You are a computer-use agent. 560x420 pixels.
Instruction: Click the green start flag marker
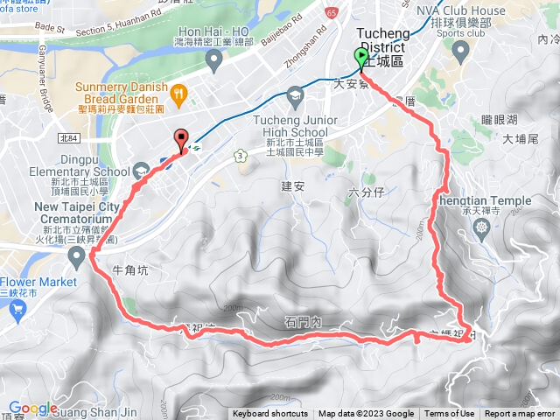pos(361,58)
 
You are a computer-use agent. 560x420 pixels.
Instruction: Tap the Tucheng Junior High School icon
pos(295,94)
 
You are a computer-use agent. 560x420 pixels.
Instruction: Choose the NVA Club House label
pos(460,10)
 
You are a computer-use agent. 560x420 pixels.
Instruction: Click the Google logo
pos(32,408)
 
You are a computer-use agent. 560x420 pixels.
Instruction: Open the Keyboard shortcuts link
pos(270,414)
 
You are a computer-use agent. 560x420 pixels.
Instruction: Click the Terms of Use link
pos(450,414)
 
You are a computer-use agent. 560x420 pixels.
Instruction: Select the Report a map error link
pos(520,414)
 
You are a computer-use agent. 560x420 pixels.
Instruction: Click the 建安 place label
pos(291,185)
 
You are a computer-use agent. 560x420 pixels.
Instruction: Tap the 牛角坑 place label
pos(132,271)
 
